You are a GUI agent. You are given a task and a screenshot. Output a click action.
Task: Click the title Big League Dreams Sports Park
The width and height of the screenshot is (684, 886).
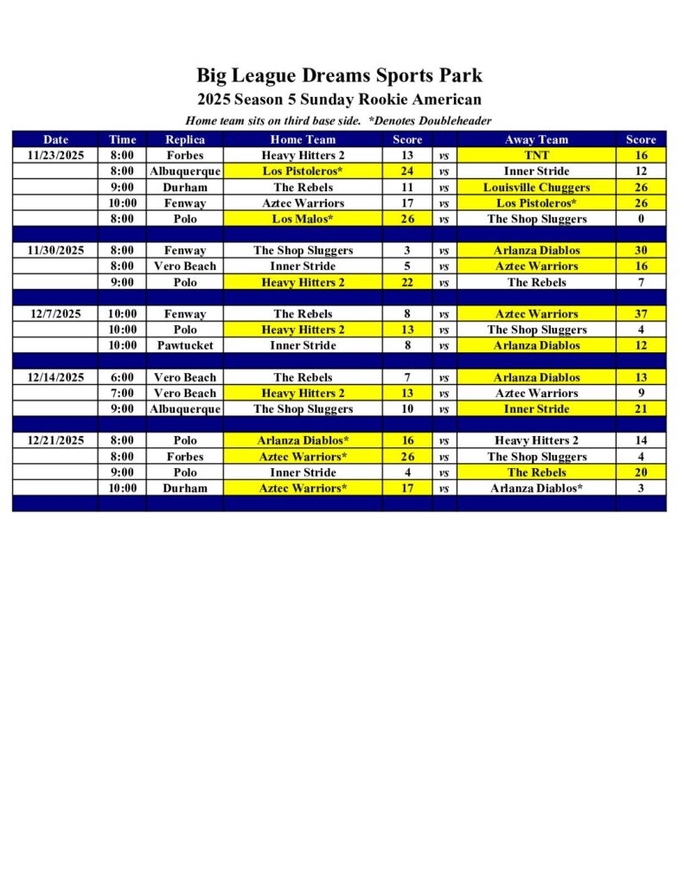coord(339,75)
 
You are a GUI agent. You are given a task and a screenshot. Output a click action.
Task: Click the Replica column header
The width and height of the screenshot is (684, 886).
coord(185,139)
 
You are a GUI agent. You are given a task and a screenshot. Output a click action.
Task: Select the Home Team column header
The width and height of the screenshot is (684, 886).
coord(303,139)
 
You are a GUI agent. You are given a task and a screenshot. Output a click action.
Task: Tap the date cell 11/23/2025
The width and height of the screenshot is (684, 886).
coord(55,155)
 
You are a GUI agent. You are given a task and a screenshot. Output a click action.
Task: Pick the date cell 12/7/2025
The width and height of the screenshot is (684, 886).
coord(55,314)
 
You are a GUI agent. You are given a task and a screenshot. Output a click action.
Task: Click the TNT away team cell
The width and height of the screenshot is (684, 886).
coord(536,155)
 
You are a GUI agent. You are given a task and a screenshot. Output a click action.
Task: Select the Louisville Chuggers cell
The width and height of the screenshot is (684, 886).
coord(536,187)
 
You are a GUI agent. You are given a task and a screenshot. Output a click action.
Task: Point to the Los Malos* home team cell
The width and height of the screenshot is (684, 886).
coord(303,219)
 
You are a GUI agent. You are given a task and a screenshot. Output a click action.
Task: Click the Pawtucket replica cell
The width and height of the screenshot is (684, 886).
coord(185,345)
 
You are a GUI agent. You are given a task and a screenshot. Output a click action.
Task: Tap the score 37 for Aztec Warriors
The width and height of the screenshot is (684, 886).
coord(641,314)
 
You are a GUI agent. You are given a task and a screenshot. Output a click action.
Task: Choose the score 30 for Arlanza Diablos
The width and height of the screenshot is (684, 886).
coord(641,250)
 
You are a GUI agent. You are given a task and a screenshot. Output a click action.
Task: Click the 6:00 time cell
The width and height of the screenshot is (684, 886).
coord(123,377)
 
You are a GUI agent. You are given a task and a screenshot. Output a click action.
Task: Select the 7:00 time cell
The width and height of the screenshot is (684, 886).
coord(123,393)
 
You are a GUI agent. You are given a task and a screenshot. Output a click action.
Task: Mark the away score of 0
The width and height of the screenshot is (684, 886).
coord(641,219)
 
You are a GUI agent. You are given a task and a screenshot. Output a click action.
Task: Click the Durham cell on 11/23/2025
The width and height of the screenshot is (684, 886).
coord(185,187)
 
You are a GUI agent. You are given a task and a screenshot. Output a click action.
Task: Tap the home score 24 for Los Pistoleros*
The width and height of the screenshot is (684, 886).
coord(407,171)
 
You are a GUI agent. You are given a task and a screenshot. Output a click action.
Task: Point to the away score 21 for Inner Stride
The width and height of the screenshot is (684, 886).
coord(641,408)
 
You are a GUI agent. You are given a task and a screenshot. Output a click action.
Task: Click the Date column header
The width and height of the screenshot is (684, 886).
coord(55,139)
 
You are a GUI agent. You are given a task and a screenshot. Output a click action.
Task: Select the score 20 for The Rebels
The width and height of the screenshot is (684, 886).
coord(641,472)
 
